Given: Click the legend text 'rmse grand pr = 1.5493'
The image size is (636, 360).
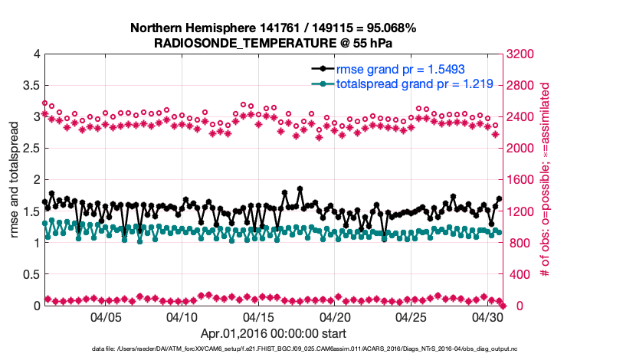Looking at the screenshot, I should click(398, 70).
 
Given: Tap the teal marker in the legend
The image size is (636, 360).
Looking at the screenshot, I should click(323, 84).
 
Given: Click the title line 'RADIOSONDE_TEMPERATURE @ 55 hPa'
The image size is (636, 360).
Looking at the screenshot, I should click(274, 42).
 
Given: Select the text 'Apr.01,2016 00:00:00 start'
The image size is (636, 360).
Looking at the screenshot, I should click(273, 333).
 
